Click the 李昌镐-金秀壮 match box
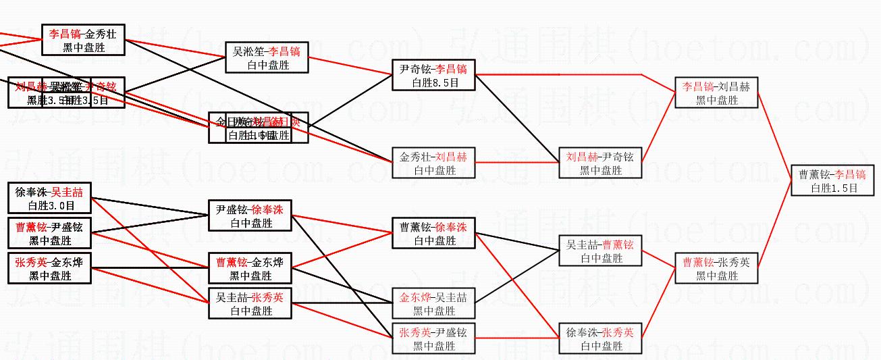coord(83,40)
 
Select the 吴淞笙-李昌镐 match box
coord(266,58)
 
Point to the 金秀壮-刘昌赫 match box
coord(433,163)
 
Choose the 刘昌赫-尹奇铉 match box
coord(600,163)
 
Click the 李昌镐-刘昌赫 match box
coord(716,93)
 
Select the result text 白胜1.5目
coord(834,188)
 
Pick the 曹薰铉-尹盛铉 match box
coord(49,234)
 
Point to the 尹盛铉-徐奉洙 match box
coord(250,215)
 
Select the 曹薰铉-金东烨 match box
coord(250,268)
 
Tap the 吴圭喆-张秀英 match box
coord(250,303)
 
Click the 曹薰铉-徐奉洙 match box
coord(433,233)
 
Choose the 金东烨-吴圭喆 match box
coord(433,303)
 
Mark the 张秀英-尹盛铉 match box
coord(433,338)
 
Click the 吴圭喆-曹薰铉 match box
coord(600,251)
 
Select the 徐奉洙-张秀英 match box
coord(600,338)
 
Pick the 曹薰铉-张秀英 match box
coord(716,268)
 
